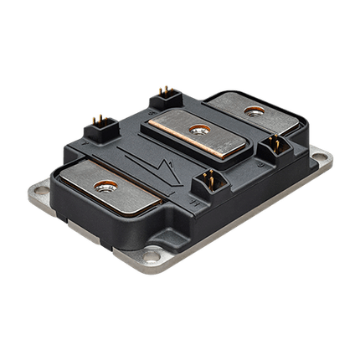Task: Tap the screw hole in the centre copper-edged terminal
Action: click(x=198, y=128)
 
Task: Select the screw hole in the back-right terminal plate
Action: click(x=250, y=110)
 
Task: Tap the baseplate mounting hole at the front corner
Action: click(x=150, y=258)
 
